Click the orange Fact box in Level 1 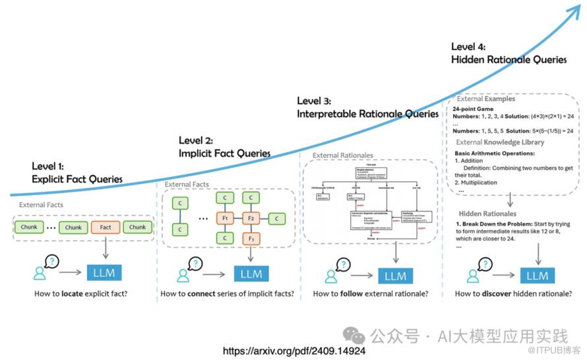[106, 227]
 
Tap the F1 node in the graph [226, 217]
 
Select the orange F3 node [251, 238]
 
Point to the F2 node [251, 217]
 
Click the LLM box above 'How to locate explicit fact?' [105, 272]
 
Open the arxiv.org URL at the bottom [293, 351]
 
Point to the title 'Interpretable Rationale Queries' [367, 113]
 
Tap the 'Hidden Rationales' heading [487, 214]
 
